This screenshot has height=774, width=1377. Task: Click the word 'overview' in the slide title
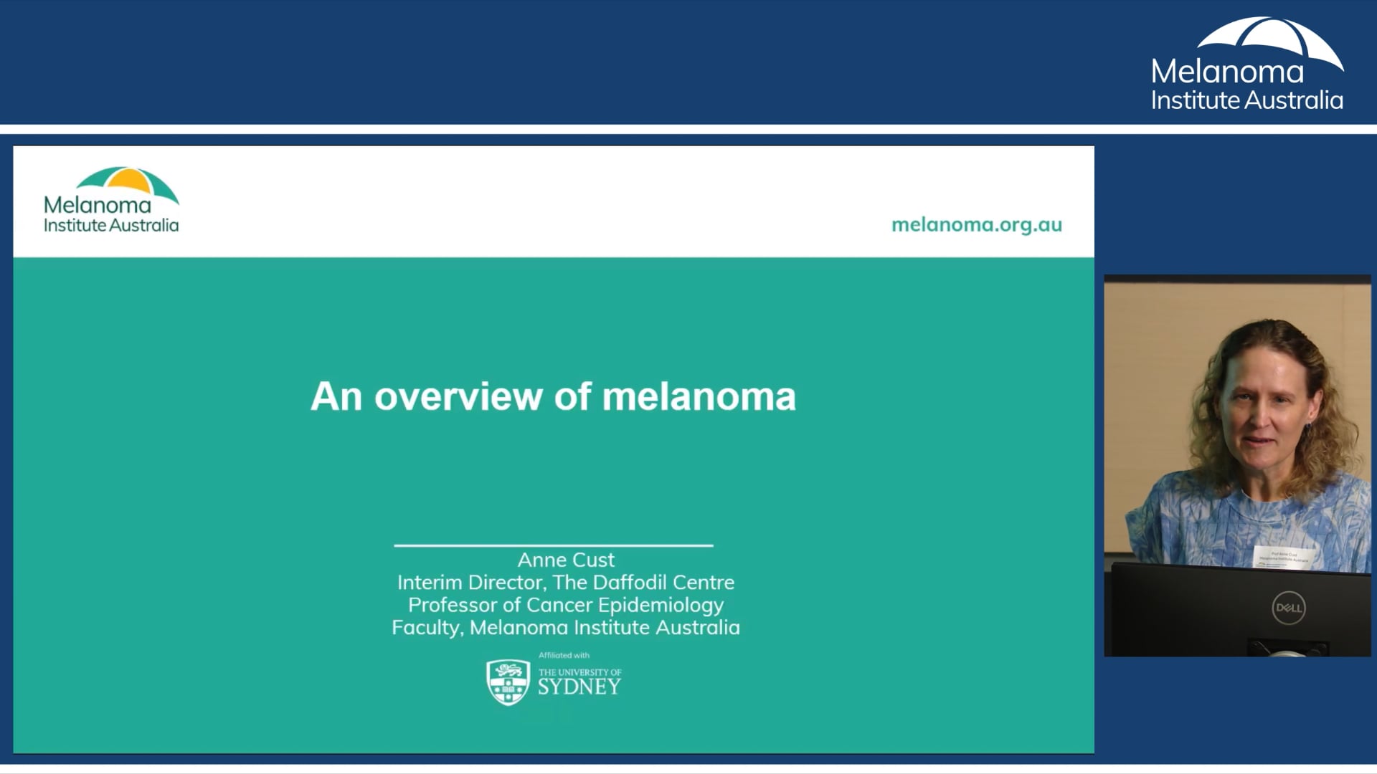(458, 396)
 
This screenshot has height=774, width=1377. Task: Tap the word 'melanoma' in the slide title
(699, 396)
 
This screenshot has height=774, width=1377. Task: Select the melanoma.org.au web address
(976, 224)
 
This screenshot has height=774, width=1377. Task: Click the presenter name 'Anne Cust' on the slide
(566, 560)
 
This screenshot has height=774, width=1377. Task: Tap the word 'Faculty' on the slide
(426, 628)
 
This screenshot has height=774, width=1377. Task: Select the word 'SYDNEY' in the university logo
(579, 687)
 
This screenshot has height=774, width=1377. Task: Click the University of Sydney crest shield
(508, 682)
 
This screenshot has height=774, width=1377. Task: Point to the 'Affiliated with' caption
(564, 655)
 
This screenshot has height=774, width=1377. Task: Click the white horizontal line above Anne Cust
(553, 545)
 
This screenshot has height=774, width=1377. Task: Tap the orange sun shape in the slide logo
(127, 181)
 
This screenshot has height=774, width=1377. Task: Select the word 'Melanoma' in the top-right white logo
(1227, 72)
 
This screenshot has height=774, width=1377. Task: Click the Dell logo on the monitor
(1288, 608)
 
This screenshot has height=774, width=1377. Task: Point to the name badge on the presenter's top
(1283, 557)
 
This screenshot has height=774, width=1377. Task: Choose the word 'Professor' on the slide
(453, 605)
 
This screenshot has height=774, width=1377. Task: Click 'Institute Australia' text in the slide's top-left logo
(111, 225)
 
